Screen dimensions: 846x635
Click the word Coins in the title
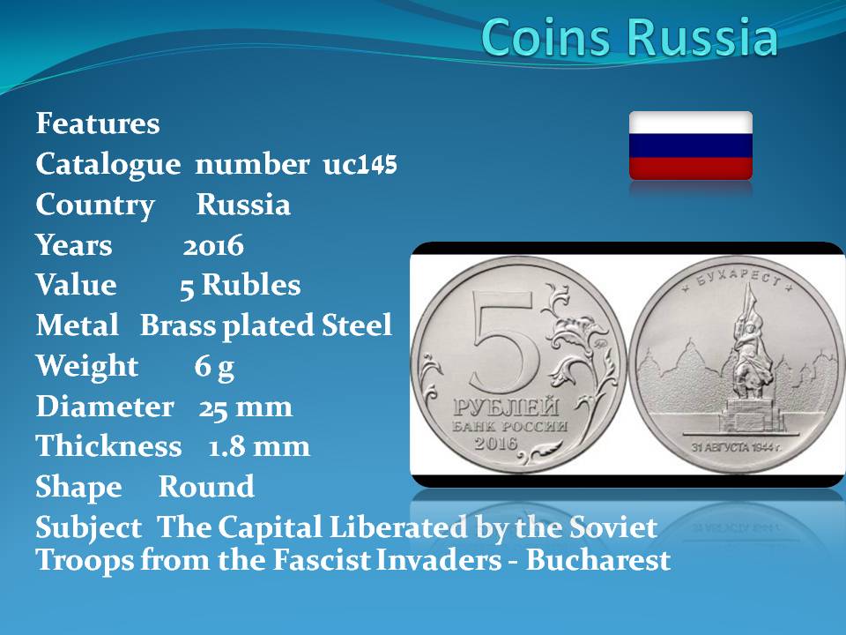(x=547, y=37)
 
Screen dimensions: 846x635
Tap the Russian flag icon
(x=691, y=146)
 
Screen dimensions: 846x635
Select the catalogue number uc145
(x=360, y=164)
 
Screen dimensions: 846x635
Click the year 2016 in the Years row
(x=213, y=246)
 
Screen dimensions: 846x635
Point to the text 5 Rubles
(x=240, y=285)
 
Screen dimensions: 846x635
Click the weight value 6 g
(x=214, y=367)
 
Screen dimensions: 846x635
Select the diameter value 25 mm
(x=246, y=407)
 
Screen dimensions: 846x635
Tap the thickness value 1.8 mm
(x=259, y=447)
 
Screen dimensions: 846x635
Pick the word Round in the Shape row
(x=206, y=487)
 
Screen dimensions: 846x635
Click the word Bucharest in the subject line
(x=598, y=559)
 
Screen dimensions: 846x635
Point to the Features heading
(x=98, y=123)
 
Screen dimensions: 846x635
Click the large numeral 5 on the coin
(x=504, y=342)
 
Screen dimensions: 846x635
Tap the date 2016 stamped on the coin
(x=496, y=444)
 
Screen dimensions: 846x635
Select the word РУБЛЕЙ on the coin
(x=506, y=407)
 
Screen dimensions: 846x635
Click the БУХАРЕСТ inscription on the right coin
(x=738, y=275)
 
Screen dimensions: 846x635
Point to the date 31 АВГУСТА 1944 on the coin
(x=737, y=448)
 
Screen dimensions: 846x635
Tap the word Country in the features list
(x=95, y=205)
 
